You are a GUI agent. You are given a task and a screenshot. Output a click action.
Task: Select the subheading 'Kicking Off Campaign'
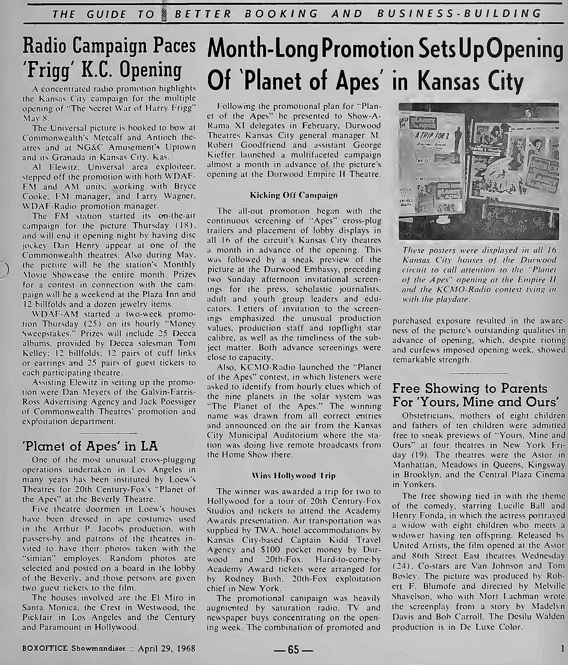point(294,195)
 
